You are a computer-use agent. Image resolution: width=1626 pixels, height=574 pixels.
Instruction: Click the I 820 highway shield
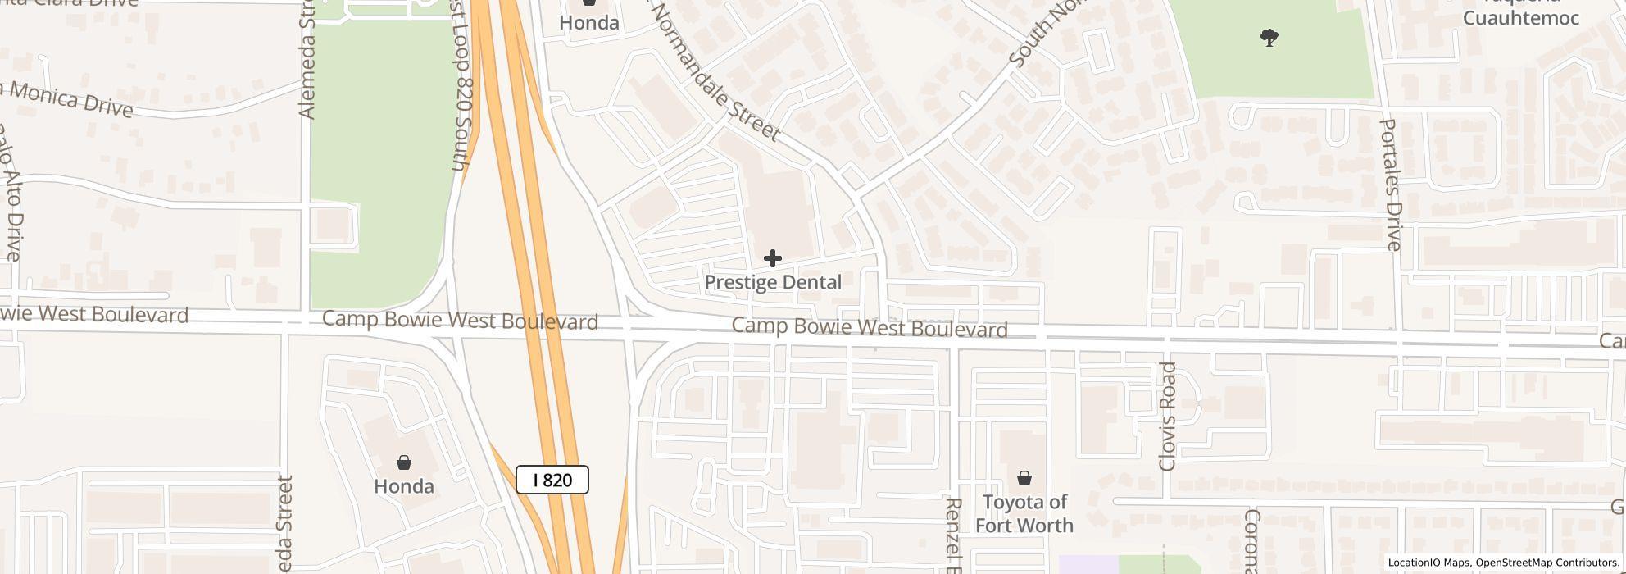point(552,480)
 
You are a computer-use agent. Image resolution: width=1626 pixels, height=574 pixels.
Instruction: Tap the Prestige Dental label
point(773,282)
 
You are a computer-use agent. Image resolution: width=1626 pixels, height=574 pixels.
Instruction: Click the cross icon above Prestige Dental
point(772,259)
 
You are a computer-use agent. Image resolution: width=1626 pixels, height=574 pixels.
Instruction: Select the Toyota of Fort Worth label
point(1024,513)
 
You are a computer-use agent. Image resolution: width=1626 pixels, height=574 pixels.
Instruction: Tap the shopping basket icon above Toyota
point(1024,478)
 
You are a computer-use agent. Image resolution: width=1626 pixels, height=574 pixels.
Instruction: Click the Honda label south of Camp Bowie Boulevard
point(403,486)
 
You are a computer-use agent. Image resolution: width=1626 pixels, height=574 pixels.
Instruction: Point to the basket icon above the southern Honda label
point(403,463)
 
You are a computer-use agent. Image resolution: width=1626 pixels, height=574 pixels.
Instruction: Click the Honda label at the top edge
point(588,22)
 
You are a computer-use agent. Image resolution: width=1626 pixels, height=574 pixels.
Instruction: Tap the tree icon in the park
point(1269,38)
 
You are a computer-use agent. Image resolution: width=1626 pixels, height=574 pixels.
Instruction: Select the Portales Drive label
point(1391,184)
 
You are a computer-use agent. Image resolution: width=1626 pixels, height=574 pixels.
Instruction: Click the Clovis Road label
point(1168,417)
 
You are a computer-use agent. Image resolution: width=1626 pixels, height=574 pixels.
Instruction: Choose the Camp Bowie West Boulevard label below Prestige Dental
point(870,328)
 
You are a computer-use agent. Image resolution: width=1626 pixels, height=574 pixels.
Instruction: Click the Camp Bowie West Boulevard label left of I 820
point(460,321)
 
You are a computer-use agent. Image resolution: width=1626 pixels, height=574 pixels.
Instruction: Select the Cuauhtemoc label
point(1520,18)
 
